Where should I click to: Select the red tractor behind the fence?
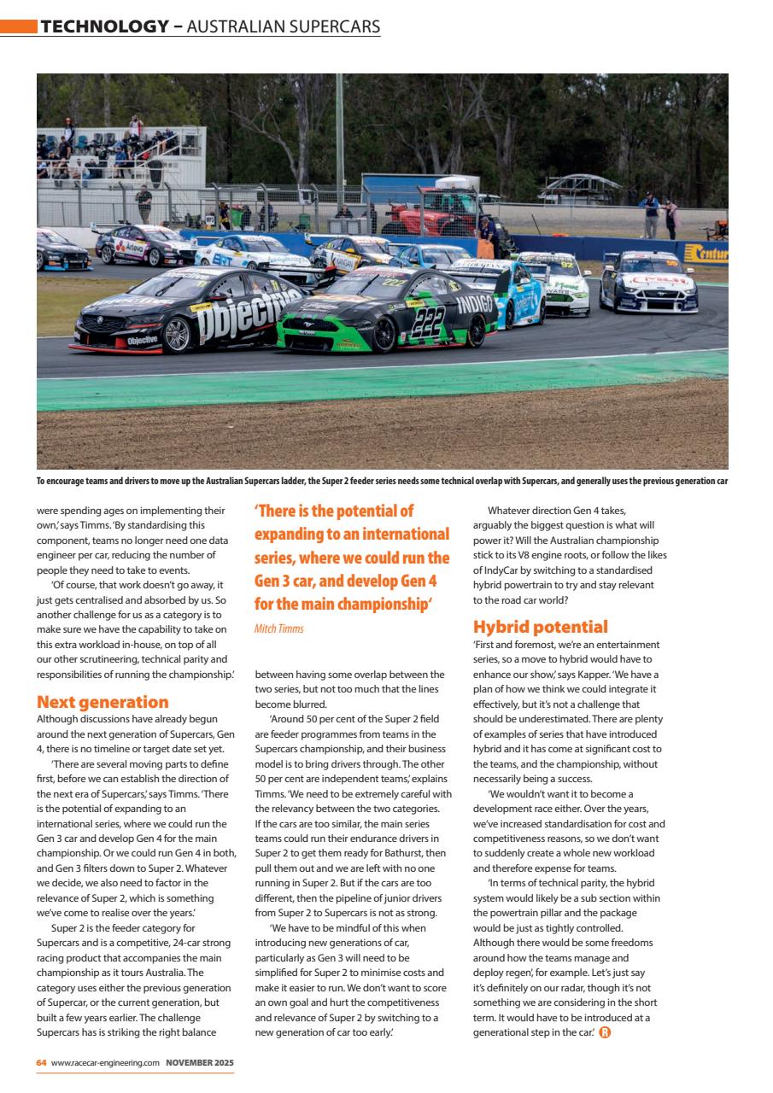(x=427, y=213)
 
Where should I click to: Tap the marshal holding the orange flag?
(x=485, y=234)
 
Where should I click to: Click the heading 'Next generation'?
(x=102, y=702)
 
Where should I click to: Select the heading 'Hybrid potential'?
(x=540, y=626)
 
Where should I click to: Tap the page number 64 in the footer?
(x=41, y=1062)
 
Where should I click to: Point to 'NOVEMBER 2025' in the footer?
(x=200, y=1062)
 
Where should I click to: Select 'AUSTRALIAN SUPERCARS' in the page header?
(x=283, y=26)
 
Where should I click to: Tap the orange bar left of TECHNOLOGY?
(x=18, y=26)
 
